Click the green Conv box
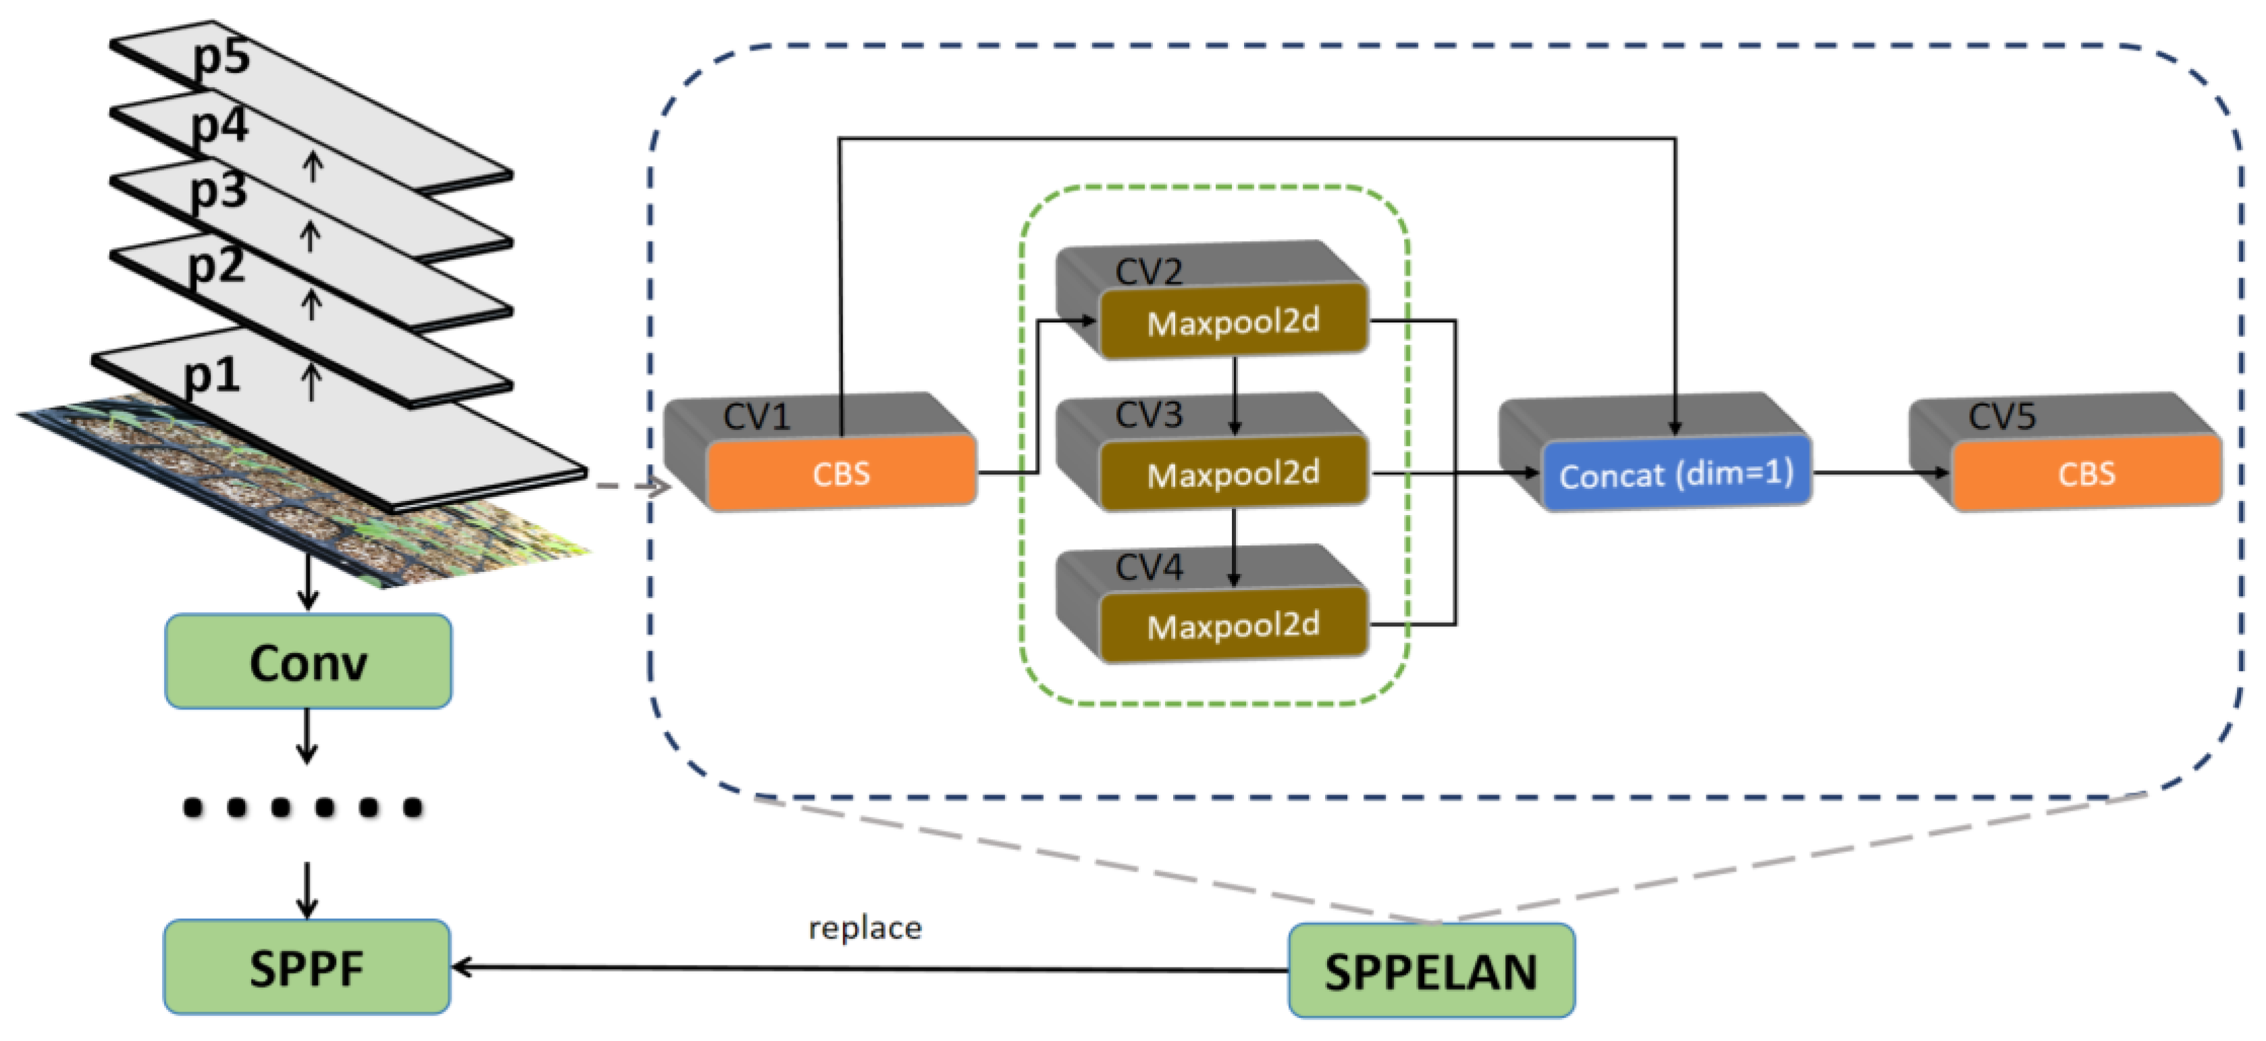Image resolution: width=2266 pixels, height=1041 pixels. click(308, 662)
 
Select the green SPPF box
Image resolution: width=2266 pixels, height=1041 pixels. click(307, 968)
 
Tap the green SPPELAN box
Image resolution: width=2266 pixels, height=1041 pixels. click(1431, 971)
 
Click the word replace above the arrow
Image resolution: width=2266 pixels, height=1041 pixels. click(865, 928)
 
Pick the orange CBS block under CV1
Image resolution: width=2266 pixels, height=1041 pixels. click(841, 473)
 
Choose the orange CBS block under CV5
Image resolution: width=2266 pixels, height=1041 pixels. click(2086, 473)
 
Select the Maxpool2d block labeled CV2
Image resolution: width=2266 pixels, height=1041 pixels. click(1233, 322)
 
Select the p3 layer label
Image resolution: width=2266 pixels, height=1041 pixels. click(218, 191)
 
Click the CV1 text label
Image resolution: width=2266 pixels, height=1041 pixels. click(757, 417)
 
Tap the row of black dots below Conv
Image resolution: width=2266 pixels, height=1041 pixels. click(302, 807)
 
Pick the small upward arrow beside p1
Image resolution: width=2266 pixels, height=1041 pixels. click(311, 383)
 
